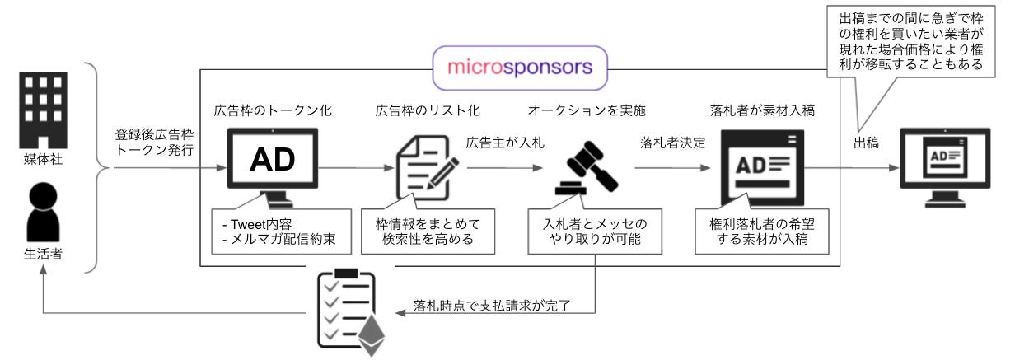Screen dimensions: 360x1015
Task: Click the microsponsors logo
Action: click(x=519, y=67)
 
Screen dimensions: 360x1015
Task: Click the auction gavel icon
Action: click(x=586, y=168)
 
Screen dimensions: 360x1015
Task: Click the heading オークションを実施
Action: click(x=581, y=110)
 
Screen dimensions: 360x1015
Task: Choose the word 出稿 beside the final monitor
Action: click(x=866, y=143)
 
